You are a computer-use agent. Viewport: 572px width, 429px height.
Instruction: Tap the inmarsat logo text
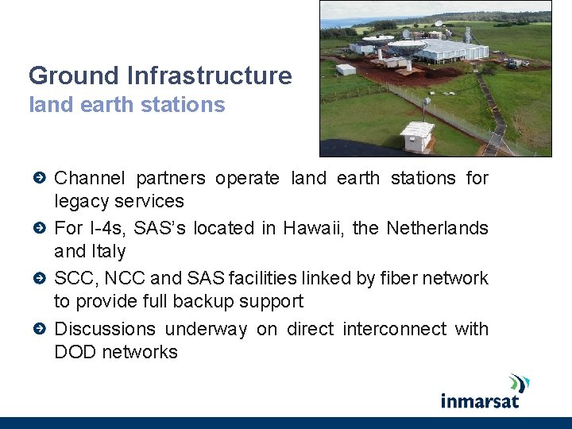pyautogui.click(x=480, y=400)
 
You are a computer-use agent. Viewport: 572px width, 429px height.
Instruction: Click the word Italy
pyautogui.click(x=110, y=252)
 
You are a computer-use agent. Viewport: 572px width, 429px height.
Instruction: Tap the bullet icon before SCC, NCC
pyautogui.click(x=40, y=279)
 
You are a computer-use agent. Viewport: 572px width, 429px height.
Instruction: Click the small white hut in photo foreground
pyautogui.click(x=419, y=135)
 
